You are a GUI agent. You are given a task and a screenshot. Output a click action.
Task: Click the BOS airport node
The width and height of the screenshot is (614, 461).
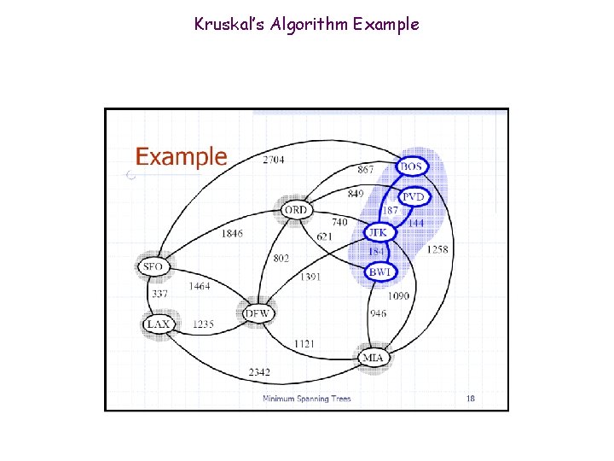tap(412, 166)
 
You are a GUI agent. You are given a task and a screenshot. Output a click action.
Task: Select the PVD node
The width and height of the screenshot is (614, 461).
tap(414, 197)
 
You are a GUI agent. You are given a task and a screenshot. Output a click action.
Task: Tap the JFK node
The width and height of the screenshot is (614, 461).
tap(378, 231)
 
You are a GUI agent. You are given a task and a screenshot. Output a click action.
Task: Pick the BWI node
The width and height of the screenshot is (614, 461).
tap(379, 271)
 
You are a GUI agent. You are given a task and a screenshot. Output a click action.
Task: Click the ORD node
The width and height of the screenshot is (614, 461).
tap(295, 209)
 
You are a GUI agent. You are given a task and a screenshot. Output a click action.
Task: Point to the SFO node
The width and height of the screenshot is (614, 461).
tap(153, 266)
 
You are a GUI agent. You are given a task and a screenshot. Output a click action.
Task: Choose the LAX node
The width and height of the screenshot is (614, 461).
tap(158, 324)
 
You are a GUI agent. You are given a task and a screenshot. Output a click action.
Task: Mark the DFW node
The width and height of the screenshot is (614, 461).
tap(257, 313)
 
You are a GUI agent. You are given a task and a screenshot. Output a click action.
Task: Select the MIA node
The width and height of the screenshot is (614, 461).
tap(373, 357)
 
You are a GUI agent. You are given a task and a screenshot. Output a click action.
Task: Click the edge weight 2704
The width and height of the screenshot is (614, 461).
tap(274, 160)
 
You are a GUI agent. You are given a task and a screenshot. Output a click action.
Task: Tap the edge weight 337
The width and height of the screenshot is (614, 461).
tap(159, 295)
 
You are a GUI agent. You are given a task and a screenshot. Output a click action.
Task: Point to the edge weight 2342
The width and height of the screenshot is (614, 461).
tap(259, 372)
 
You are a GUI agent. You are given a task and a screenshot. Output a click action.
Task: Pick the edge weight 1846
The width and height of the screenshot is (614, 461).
tap(232, 233)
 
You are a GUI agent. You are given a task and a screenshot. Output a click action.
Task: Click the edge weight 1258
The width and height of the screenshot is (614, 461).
tap(437, 249)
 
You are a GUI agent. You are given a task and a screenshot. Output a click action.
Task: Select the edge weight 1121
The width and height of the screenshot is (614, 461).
tap(304, 343)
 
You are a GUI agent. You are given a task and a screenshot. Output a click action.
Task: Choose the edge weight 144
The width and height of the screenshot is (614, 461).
tap(415, 223)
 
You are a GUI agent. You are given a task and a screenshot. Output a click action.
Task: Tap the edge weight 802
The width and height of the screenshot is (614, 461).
tap(281, 258)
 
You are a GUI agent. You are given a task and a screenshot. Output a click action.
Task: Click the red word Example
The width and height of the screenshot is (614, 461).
tap(182, 157)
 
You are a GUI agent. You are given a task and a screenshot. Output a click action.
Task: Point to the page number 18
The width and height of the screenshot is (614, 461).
tap(470, 398)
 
